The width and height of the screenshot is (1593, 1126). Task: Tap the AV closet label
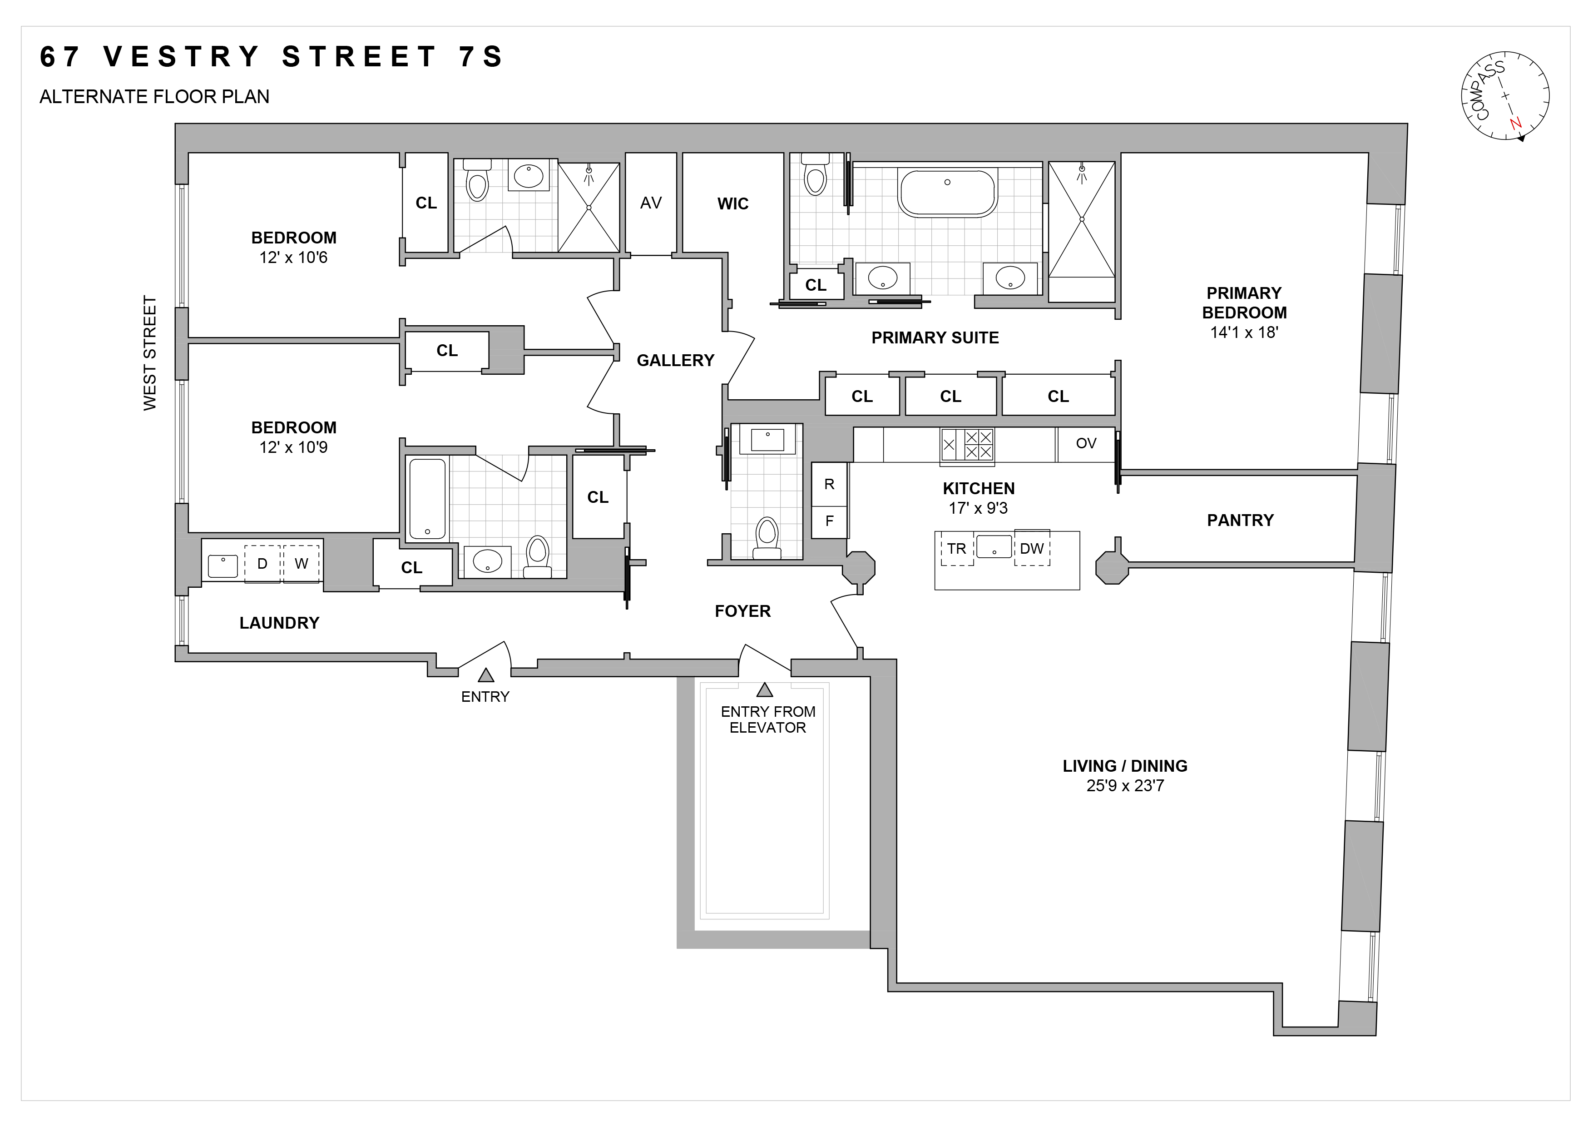[x=651, y=203]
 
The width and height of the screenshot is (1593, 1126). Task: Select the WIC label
[x=732, y=203]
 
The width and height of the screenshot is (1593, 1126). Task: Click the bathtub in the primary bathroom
[x=947, y=193]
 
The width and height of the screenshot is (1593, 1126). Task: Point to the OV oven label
[x=1086, y=443]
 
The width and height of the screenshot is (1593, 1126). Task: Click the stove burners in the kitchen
[x=967, y=445]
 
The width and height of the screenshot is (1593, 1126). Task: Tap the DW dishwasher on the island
[x=1032, y=548]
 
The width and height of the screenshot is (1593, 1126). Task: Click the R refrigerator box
[x=829, y=484]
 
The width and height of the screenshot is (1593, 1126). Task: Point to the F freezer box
[x=829, y=521]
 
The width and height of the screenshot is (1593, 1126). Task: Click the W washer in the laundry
[x=301, y=563]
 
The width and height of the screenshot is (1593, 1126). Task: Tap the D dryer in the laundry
[x=262, y=563]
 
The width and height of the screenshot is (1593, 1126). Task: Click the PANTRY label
[x=1240, y=521]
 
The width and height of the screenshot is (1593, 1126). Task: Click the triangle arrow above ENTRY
[x=486, y=675]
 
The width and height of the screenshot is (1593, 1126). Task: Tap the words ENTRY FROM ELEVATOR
[x=767, y=719]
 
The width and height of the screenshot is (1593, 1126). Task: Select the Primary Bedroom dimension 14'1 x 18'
[x=1244, y=332]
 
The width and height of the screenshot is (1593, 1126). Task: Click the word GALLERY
[x=675, y=360]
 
